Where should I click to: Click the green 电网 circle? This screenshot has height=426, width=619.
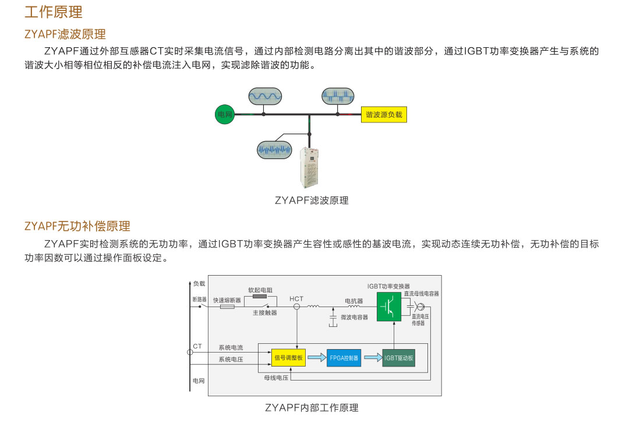tap(225, 115)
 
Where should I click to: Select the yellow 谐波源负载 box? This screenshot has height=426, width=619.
tap(384, 115)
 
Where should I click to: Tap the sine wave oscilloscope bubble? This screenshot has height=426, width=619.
tap(265, 96)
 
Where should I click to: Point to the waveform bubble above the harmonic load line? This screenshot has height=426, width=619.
tap(338, 96)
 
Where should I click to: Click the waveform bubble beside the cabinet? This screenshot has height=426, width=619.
tap(274, 149)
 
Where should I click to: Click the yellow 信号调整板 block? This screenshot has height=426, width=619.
tap(288, 357)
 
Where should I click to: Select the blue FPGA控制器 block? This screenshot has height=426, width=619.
tap(344, 357)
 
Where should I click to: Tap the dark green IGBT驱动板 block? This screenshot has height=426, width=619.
tap(398, 357)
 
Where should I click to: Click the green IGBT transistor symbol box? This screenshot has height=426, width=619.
tap(389, 307)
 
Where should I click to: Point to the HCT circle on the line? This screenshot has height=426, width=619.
tap(297, 307)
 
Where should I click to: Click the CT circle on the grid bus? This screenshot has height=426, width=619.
tap(190, 352)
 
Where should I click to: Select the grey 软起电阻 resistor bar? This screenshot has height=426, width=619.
tap(259, 296)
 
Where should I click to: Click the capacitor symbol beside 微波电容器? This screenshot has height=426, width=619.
tap(333, 317)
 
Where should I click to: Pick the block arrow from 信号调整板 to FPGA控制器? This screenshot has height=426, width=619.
tap(316, 357)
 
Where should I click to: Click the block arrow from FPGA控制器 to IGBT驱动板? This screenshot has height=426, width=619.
tap(372, 357)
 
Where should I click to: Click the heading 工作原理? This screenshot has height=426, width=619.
tap(54, 12)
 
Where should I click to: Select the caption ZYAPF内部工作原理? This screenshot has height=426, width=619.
tap(312, 407)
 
